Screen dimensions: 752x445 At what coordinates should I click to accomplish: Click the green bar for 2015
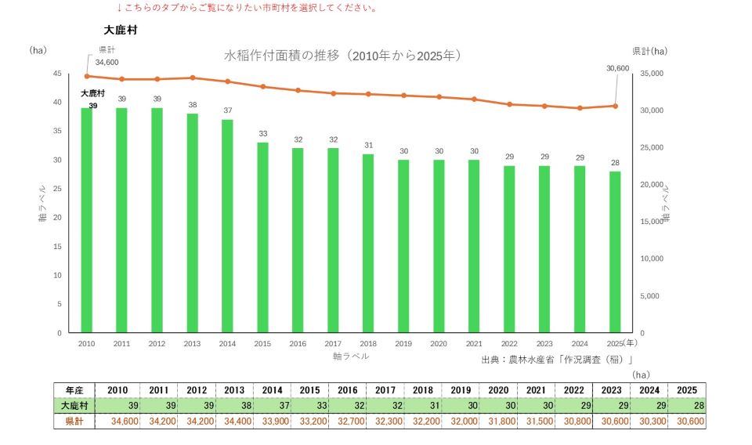[263, 237]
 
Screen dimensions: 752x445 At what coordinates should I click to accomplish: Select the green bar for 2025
[615, 251]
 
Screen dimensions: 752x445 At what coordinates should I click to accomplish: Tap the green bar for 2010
[87, 220]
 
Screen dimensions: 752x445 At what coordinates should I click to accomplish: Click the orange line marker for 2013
[193, 78]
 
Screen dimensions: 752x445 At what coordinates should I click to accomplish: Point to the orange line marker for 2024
[580, 108]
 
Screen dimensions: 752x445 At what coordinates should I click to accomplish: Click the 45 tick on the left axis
[57, 74]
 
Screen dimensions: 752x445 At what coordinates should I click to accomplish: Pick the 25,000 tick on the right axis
[651, 148]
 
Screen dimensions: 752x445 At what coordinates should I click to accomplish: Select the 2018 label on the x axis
[368, 344]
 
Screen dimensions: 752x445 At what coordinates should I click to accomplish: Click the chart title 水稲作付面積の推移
[281, 56]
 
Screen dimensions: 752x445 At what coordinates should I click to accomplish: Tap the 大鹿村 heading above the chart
[121, 30]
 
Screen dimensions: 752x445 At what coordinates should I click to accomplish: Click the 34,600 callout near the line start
[107, 63]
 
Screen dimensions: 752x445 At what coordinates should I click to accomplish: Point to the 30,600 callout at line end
[618, 69]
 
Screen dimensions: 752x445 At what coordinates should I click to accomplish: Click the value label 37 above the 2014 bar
[228, 110]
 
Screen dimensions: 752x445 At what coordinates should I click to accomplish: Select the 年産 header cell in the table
[74, 390]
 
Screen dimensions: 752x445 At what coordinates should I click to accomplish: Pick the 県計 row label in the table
[74, 421]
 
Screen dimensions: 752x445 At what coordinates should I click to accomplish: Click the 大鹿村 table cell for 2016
[347, 406]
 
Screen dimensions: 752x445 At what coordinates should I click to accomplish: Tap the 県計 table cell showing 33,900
[273, 421]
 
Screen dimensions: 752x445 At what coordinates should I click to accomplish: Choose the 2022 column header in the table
[573, 390]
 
